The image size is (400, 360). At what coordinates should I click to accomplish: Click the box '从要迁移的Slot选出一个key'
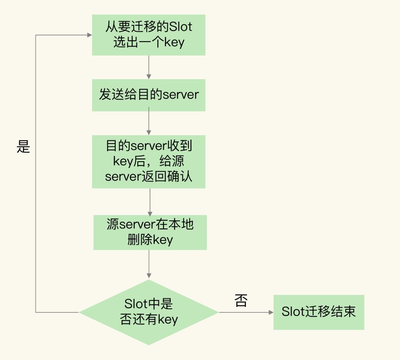point(148,35)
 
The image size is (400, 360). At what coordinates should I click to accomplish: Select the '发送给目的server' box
point(148,95)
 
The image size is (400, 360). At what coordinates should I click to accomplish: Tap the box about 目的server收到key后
point(148,162)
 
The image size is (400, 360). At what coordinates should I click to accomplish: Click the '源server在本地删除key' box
point(150,232)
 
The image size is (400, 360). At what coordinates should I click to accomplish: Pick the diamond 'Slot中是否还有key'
point(148,312)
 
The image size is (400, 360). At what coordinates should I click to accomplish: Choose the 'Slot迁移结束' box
point(318,312)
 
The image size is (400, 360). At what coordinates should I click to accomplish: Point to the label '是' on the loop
point(24,147)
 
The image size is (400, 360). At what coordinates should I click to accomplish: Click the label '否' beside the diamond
point(241,301)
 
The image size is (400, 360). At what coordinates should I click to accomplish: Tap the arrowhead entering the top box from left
point(89,35)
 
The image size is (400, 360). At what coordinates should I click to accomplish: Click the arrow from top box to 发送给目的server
point(149,67)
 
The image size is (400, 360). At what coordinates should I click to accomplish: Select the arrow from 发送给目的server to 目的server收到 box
point(149,123)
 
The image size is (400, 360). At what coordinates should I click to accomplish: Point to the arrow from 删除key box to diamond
point(149,264)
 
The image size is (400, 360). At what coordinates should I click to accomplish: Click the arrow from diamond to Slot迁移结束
point(246,312)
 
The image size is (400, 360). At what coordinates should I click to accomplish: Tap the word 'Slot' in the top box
point(181,27)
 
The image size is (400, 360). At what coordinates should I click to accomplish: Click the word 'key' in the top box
point(174,42)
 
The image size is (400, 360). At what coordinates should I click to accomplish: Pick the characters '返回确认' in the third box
point(167,176)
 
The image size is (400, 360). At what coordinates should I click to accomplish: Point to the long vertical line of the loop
point(36,200)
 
